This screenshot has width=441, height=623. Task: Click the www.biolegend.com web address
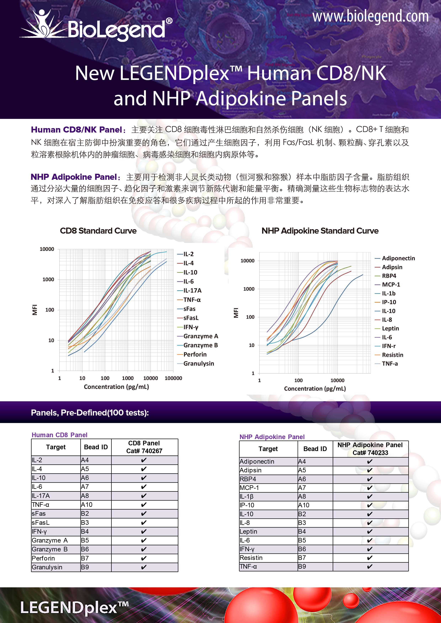click(370, 16)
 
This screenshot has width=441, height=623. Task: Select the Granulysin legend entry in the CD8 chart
click(198, 364)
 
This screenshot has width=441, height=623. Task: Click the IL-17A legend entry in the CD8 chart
click(192, 291)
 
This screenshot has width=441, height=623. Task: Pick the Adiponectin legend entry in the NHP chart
click(398, 258)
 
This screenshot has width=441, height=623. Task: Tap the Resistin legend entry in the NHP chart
click(392, 355)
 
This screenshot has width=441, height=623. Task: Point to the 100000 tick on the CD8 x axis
click(173, 378)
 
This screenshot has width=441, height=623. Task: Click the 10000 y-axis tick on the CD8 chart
click(47, 249)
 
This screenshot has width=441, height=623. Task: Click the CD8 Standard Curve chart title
click(98, 231)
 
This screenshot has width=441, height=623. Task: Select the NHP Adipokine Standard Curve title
click(320, 231)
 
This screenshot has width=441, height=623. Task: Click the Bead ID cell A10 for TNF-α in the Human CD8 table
click(87, 505)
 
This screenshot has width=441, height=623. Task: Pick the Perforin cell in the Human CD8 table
click(43, 558)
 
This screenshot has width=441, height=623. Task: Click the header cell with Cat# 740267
click(144, 447)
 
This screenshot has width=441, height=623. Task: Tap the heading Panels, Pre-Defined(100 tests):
click(90, 413)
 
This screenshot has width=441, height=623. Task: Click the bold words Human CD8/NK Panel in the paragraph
click(77, 130)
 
